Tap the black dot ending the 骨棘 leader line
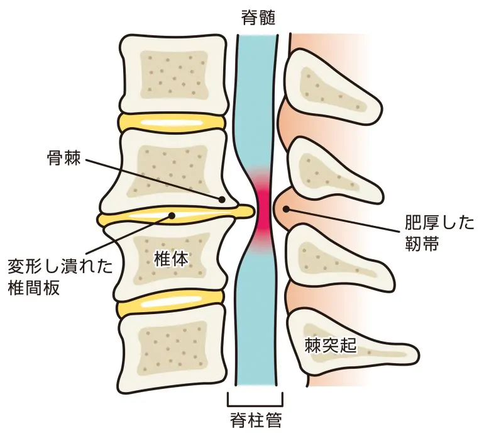(222, 199)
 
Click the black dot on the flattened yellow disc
(171, 216)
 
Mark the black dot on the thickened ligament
(286, 210)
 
